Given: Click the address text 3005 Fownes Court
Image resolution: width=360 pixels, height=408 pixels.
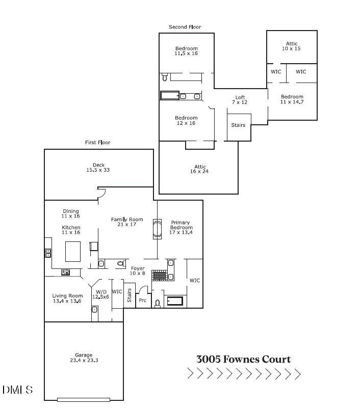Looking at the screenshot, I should click(243, 359).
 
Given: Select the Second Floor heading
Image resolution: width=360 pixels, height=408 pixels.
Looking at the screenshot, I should click(185, 27).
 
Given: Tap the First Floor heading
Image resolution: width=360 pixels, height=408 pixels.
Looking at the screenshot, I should click(97, 143).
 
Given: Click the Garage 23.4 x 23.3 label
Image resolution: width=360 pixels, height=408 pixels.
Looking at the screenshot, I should click(84, 358).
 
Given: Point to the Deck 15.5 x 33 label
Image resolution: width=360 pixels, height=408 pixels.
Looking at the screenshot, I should click(97, 168).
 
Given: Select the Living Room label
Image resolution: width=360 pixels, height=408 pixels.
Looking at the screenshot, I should click(67, 298).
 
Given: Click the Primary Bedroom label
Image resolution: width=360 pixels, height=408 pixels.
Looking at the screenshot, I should click(181, 227).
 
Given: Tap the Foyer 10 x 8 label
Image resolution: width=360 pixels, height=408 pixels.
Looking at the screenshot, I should click(138, 271).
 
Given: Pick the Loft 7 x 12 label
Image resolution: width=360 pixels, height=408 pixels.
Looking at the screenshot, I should click(240, 100).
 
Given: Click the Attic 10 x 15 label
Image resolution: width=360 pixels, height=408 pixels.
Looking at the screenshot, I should click(291, 46).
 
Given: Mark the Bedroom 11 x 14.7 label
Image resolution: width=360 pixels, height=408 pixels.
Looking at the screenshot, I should click(292, 99).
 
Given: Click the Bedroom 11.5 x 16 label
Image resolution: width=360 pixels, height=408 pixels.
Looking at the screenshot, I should click(186, 51).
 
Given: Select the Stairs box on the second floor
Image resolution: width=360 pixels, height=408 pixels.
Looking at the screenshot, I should click(238, 125).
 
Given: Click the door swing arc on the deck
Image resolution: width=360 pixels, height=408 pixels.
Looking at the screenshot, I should click(101, 193).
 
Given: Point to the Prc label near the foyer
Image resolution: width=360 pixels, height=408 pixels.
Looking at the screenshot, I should click(143, 301).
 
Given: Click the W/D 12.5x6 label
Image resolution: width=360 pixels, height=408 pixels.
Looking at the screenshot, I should click(100, 294).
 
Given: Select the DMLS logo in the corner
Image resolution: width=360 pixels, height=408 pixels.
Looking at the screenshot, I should click(17, 390).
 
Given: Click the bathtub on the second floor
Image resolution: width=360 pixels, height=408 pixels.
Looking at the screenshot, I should click(170, 95).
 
